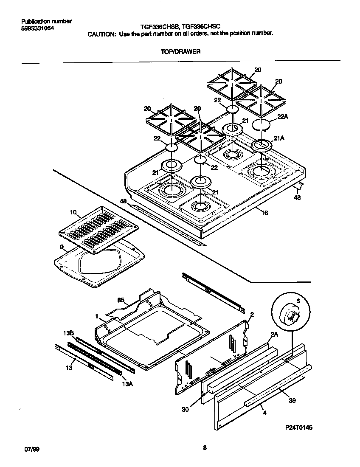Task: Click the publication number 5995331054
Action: pyautogui.click(x=37, y=28)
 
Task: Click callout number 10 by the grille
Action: pyautogui.click(x=73, y=211)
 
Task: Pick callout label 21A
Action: pyautogui.click(x=279, y=138)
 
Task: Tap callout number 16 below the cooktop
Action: pyautogui.click(x=264, y=213)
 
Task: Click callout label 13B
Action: pyautogui.click(x=69, y=333)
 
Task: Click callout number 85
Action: pyautogui.click(x=121, y=300)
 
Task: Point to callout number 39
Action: pyautogui.click(x=292, y=400)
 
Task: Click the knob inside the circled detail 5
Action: pyautogui.click(x=291, y=315)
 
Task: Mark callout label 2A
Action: pyautogui.click(x=274, y=334)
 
